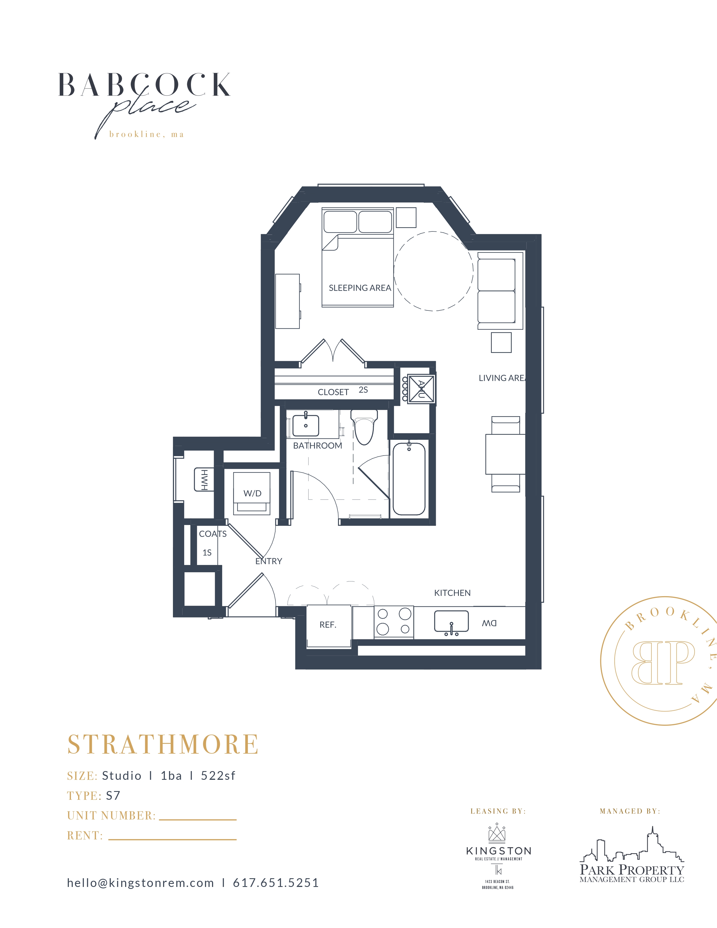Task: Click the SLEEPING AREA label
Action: click(360, 288)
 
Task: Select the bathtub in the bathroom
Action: click(409, 478)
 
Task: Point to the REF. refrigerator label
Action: click(328, 625)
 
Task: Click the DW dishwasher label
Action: click(489, 623)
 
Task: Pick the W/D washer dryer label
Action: click(252, 493)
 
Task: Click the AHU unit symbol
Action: click(421, 389)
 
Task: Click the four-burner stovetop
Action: click(394, 622)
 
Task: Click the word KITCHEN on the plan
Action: click(452, 593)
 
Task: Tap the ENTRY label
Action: click(269, 561)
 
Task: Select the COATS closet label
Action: click(213, 534)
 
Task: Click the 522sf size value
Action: click(218, 776)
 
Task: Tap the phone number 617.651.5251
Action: click(276, 883)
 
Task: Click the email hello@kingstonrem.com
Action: click(140, 883)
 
